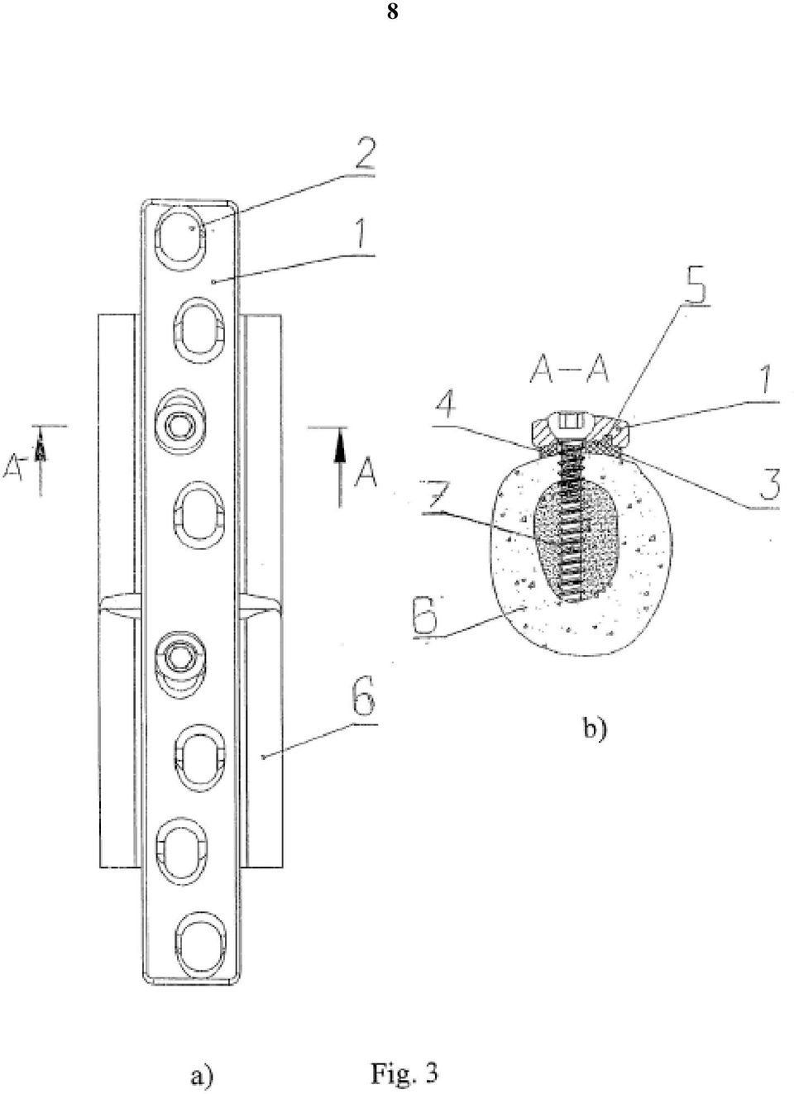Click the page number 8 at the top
(x=392, y=12)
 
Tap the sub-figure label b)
(x=594, y=729)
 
